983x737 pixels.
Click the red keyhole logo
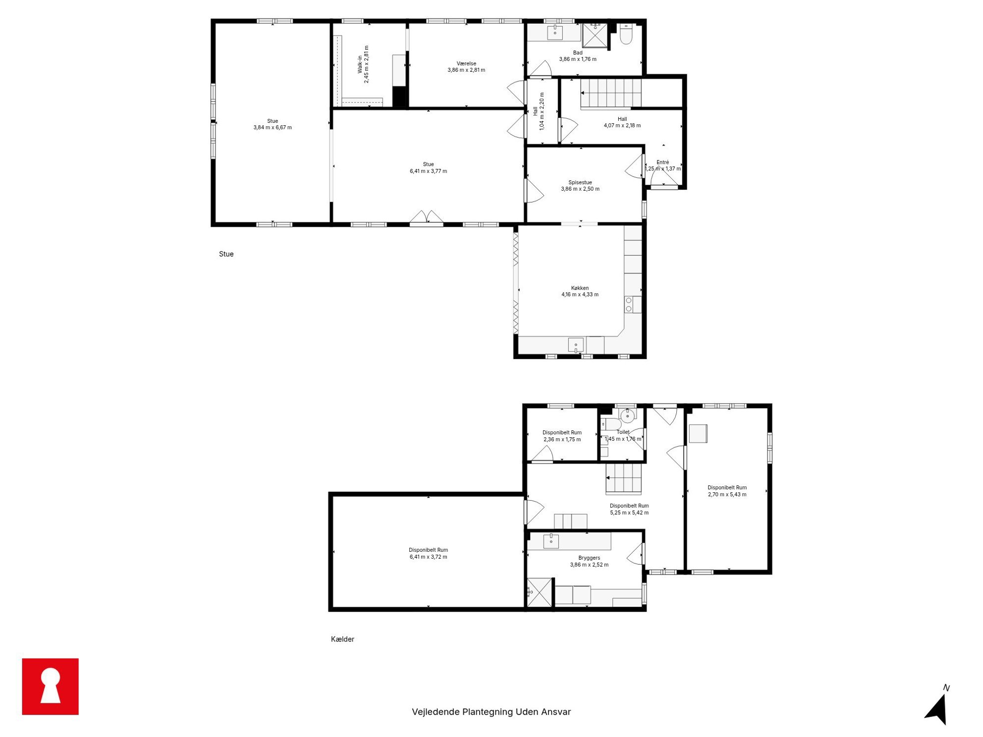(50, 686)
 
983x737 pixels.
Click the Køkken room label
(580, 288)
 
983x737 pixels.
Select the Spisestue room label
(580, 182)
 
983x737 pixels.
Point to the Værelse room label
(466, 63)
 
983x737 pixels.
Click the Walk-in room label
(360, 64)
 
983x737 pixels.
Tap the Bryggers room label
(589, 558)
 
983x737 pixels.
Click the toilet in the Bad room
(626, 34)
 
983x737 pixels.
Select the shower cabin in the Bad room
(595, 35)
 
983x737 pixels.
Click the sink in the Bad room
(555, 32)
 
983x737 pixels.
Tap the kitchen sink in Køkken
(576, 345)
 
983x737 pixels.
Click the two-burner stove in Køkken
(629, 305)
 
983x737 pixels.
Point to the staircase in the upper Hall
(611, 93)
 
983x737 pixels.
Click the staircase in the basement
(623, 478)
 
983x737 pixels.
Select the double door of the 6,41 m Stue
(427, 218)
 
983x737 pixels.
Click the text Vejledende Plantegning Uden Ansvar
(491, 712)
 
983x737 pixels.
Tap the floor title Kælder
(342, 639)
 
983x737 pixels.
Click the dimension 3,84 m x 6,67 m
(273, 128)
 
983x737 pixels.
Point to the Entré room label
(662, 162)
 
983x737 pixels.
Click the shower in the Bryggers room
(539, 592)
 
